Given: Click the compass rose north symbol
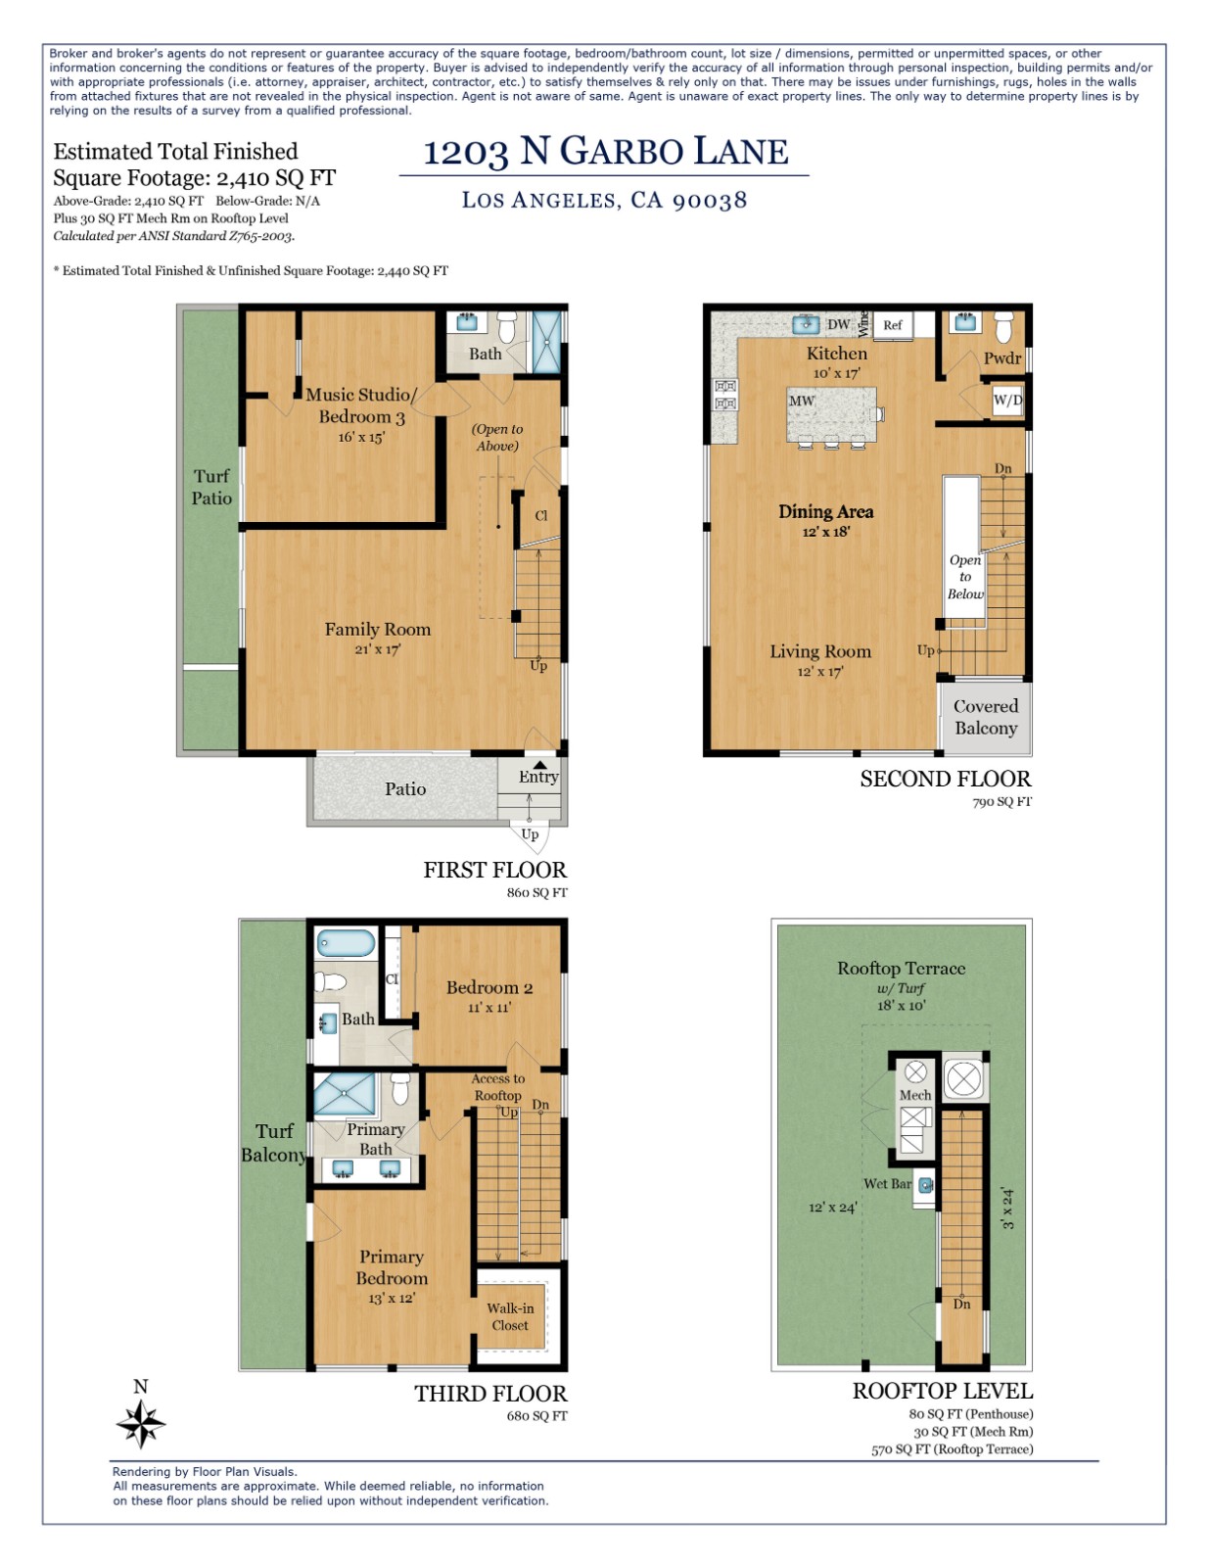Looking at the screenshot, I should coord(141,1422).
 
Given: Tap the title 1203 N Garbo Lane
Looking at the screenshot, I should coord(605,152).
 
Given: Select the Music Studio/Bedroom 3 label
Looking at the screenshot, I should coord(360,404).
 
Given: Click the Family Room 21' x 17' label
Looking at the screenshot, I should coord(378,637).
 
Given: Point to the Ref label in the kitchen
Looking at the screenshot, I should coord(892,325).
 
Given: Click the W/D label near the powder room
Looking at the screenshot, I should coord(1007,400).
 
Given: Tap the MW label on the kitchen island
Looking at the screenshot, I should coord(802,401).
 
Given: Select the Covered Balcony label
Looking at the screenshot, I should coord(986,717).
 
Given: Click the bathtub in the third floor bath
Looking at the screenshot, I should coord(346,944).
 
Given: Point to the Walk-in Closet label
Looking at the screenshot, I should coord(510,1316).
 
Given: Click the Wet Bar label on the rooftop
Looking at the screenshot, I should coord(887,1184).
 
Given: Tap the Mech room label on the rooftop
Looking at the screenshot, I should coord(915,1095).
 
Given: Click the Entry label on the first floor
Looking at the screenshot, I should coord(538,777).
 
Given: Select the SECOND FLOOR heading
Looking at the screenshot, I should coord(945,779).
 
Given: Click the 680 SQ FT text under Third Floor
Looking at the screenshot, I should coord(536,1415).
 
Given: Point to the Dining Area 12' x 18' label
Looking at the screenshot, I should coord(825,519).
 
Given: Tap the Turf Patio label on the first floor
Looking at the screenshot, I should coord(211,487).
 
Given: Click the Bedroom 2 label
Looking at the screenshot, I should coord(489,995).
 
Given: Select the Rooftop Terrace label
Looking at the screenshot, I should coord(901,968).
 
